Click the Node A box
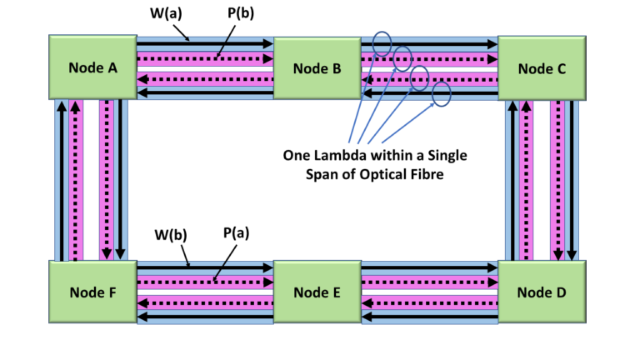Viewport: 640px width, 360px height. pyautogui.click(x=92, y=68)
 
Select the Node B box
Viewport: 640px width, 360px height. pyautogui.click(x=317, y=68)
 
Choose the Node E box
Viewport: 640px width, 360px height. pyautogui.click(x=317, y=292)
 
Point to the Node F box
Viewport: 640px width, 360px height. pyautogui.click(x=92, y=292)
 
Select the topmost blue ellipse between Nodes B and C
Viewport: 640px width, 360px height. pyautogui.click(x=382, y=43)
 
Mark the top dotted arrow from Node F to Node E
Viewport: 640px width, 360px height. pyautogui.click(x=205, y=282)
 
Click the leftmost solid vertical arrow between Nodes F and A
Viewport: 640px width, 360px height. pyautogui.click(x=61, y=180)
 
